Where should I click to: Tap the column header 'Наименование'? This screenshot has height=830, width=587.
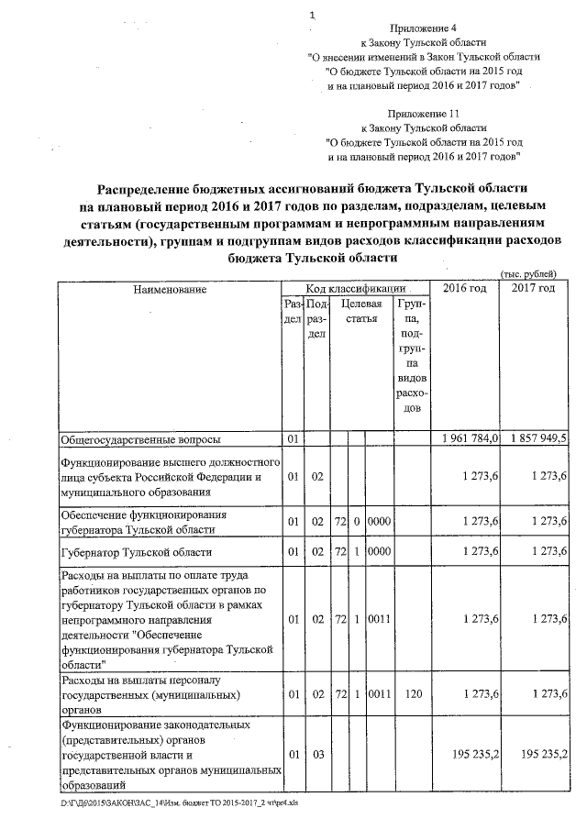pos(170,290)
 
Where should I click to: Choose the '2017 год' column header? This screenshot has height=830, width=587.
pos(534,289)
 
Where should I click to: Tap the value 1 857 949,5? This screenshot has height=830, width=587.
pos(534,439)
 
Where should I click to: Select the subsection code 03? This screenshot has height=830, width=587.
pos(316,754)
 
